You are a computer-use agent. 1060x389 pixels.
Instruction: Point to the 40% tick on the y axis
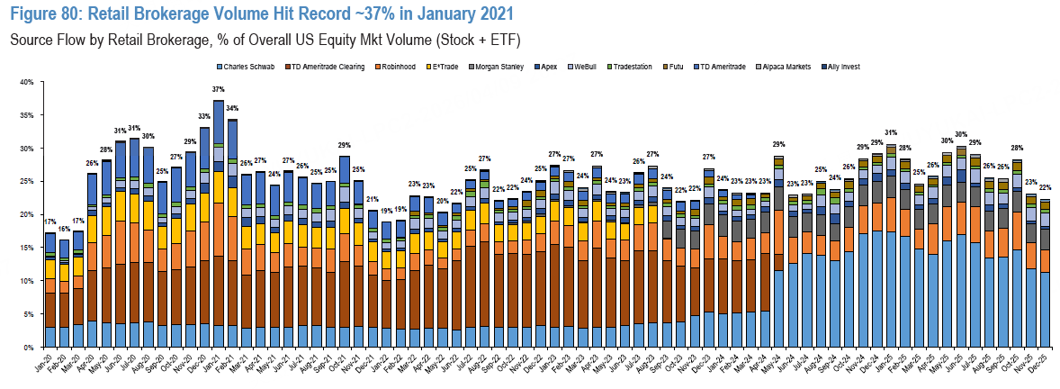point(27,82)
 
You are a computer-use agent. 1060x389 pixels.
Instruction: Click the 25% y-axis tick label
point(27,181)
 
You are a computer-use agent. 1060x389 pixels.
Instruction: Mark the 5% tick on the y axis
point(29,313)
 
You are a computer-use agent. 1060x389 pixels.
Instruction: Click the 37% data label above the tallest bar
point(219,90)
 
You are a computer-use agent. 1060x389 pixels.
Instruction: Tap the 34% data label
point(232,109)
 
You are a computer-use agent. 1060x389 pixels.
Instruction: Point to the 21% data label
point(372,199)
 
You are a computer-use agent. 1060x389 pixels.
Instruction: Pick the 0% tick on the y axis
point(29,347)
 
